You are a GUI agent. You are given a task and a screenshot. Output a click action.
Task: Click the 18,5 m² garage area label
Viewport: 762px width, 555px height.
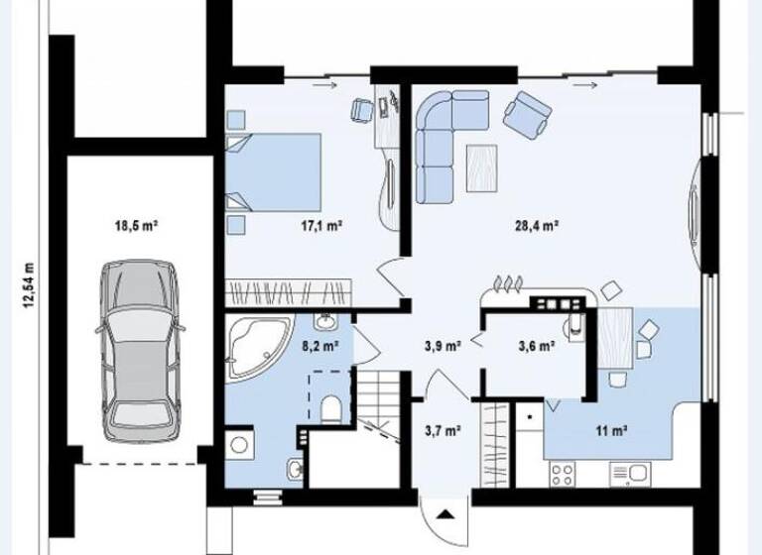(137, 226)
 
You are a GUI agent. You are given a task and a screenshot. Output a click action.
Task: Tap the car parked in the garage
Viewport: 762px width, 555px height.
(141, 350)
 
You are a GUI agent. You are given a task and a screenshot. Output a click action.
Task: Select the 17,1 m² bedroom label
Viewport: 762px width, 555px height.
(321, 226)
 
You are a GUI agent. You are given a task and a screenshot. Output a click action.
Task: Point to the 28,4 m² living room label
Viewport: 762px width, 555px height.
(539, 226)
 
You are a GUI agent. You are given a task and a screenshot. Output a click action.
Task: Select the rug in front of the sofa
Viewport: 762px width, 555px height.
(483, 166)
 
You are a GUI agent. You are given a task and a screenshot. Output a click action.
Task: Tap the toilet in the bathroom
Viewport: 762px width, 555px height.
(333, 408)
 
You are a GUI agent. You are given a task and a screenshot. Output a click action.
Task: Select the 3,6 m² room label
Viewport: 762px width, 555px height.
(536, 346)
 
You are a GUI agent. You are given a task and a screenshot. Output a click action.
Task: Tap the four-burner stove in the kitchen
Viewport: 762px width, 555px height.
(564, 475)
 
